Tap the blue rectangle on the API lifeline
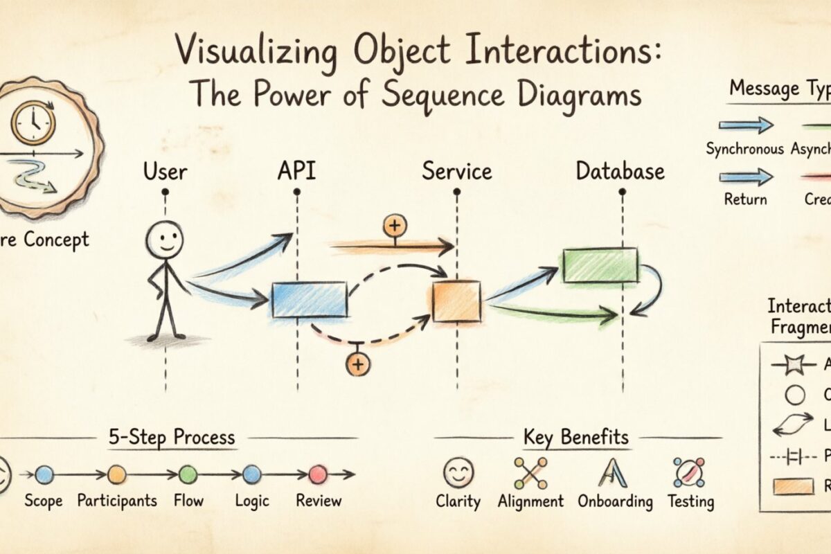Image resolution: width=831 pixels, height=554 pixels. click(x=309, y=300)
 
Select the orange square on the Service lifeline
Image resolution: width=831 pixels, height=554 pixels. click(x=456, y=301)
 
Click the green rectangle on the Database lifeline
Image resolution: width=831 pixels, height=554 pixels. click(x=600, y=265)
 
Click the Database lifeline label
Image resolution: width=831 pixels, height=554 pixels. click(x=620, y=171)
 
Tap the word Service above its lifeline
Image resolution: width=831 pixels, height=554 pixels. click(x=457, y=171)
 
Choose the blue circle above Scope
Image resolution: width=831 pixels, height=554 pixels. click(x=44, y=474)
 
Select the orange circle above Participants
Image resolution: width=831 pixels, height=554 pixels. click(x=116, y=474)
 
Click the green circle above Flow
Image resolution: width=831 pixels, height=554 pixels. click(x=188, y=474)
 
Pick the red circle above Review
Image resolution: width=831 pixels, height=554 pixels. click(x=318, y=474)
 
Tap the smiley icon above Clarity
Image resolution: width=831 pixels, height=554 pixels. click(x=458, y=473)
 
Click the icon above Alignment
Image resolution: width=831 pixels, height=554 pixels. click(x=530, y=473)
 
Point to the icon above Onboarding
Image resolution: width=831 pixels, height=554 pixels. click(x=613, y=473)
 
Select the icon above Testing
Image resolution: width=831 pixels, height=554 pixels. click(x=689, y=473)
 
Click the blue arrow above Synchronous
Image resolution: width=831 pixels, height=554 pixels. click(x=745, y=125)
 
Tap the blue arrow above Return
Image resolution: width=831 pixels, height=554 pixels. click(x=745, y=177)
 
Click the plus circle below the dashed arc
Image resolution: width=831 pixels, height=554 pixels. click(x=358, y=364)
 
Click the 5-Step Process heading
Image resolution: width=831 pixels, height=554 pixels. click(x=172, y=438)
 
